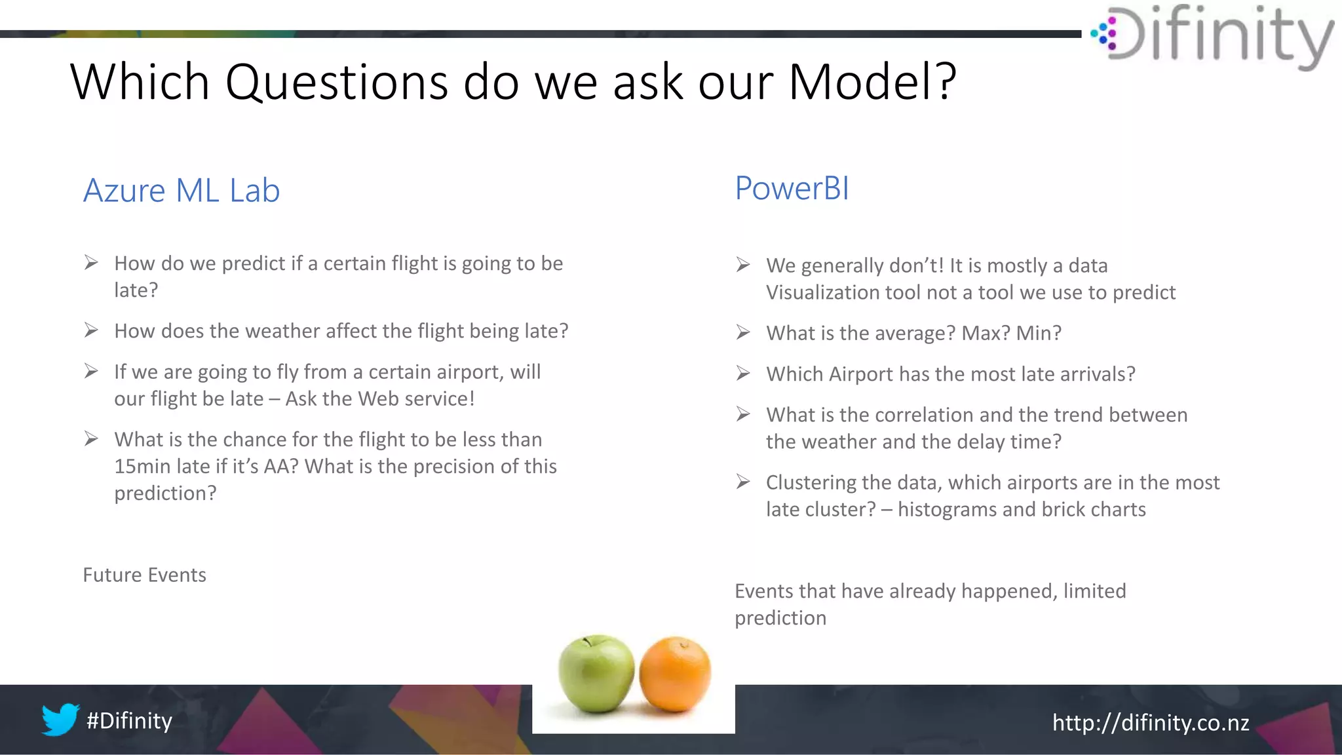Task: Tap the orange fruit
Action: (x=675, y=675)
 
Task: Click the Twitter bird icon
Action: (x=60, y=720)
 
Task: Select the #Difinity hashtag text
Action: (x=129, y=721)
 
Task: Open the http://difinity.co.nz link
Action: (x=1150, y=723)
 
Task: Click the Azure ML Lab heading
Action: (x=182, y=191)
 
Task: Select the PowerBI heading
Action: (x=792, y=189)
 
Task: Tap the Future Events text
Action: (x=144, y=575)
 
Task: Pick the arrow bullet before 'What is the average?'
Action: (x=742, y=333)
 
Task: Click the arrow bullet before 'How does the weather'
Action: (x=91, y=330)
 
